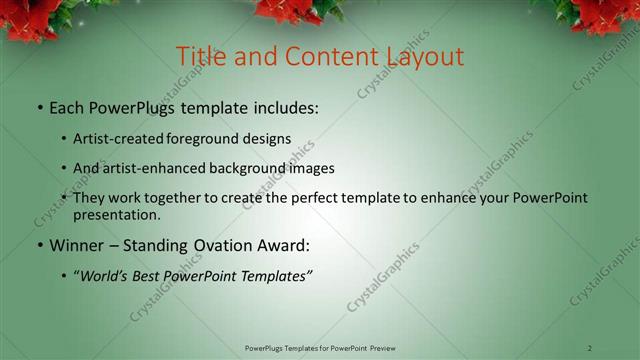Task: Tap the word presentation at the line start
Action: [117, 214]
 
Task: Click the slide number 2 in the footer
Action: [590, 348]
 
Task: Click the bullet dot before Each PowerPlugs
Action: [39, 107]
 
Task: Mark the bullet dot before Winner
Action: [39, 246]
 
